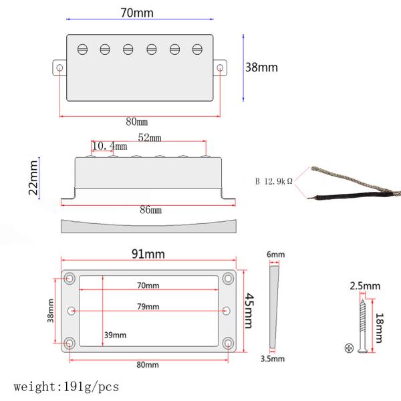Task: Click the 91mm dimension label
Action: [148, 254]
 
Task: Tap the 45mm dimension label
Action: [249, 311]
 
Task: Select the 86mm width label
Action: [150, 210]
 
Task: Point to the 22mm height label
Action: [33, 178]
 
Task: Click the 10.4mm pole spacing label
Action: [110, 146]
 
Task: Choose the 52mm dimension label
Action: [150, 138]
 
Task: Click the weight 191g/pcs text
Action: [66, 387]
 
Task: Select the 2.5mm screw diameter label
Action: [365, 286]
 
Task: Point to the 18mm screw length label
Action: [379, 328]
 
